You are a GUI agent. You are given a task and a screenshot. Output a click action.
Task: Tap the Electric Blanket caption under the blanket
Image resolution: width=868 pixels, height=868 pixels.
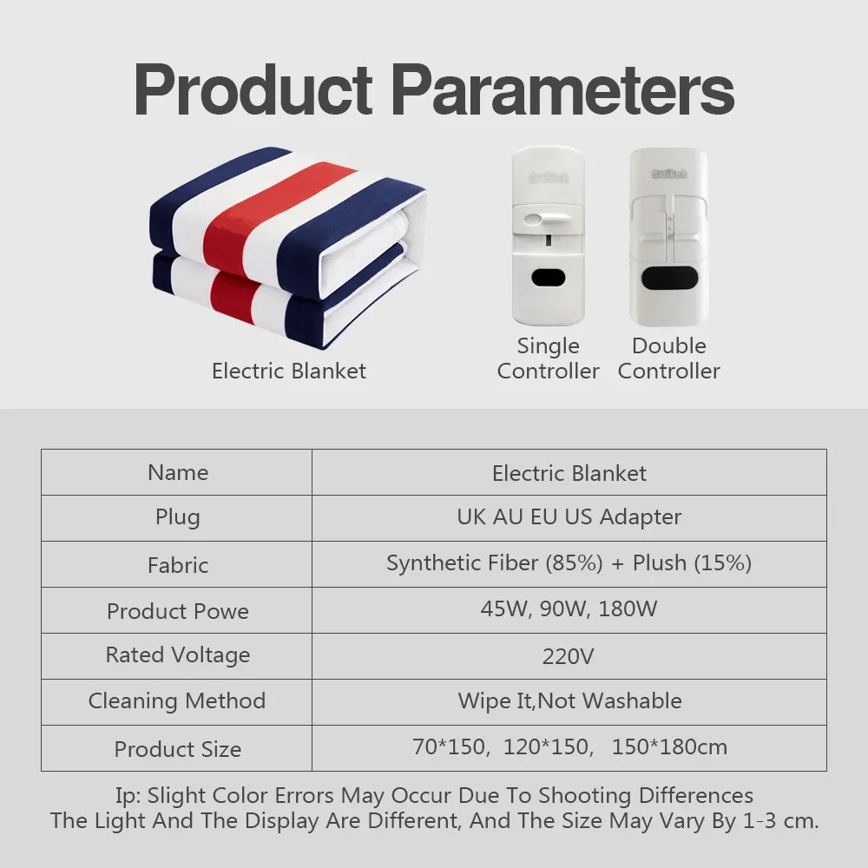(x=289, y=371)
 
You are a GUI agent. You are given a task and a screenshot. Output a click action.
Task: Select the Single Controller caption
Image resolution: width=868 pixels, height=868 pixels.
(x=548, y=358)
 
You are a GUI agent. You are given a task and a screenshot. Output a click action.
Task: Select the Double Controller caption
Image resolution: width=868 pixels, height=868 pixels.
(x=668, y=358)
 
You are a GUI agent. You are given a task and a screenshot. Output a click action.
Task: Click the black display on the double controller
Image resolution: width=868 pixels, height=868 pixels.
(x=668, y=279)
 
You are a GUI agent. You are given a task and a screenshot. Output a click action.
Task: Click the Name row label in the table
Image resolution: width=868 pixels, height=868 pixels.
(x=178, y=472)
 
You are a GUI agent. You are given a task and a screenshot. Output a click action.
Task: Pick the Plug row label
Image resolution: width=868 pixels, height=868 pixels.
(x=178, y=517)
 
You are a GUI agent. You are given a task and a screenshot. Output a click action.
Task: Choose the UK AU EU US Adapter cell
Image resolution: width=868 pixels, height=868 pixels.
(x=569, y=517)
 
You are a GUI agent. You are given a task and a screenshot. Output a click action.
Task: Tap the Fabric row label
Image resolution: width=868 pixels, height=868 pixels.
(x=178, y=565)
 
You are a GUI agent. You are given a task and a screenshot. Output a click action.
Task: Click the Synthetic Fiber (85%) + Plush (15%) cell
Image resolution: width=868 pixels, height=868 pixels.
(x=569, y=563)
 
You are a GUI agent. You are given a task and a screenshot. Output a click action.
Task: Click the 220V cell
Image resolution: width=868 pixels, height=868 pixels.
(x=569, y=656)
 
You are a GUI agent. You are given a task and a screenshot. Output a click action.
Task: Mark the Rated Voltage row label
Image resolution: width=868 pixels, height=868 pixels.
(x=178, y=654)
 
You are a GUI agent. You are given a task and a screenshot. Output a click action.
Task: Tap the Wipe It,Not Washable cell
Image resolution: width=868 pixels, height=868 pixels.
(x=569, y=700)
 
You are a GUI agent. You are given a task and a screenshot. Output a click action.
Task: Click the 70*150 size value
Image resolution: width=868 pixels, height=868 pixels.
(x=450, y=746)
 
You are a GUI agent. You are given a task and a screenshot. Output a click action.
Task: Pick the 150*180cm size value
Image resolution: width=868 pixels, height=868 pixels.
(x=669, y=746)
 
